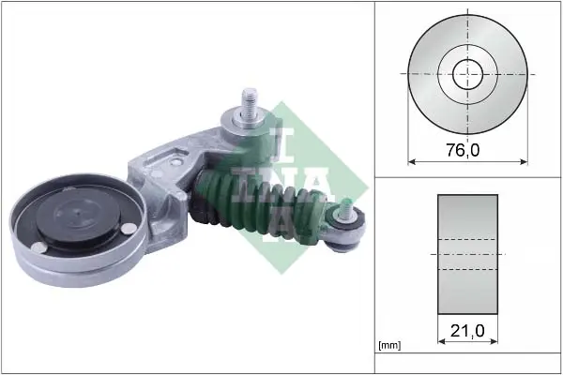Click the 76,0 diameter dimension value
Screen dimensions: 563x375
[463, 150]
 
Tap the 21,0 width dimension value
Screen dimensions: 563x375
[467, 331]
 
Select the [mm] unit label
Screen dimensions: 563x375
[389, 346]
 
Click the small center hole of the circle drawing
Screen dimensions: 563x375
[467, 75]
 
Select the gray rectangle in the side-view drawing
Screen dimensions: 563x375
[467, 254]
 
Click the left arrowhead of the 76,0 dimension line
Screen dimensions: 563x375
[412, 162]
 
